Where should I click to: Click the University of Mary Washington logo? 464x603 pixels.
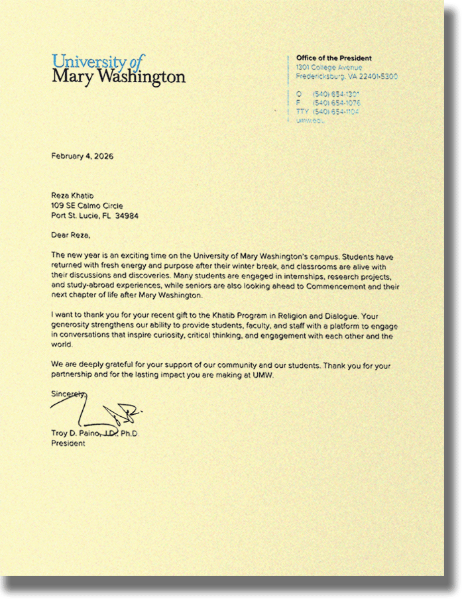(x=118, y=69)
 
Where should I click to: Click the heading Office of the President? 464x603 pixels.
(x=333, y=58)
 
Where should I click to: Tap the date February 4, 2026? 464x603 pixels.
(x=82, y=156)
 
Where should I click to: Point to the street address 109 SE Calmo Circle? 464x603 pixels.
(x=87, y=206)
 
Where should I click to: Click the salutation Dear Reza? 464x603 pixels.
(x=70, y=235)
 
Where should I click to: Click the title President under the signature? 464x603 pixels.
(x=68, y=443)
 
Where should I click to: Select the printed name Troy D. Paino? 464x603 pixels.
(x=75, y=433)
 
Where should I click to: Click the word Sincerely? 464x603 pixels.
(x=68, y=394)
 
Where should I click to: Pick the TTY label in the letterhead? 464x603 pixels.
(x=302, y=111)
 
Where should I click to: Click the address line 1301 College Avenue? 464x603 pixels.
(x=329, y=68)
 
